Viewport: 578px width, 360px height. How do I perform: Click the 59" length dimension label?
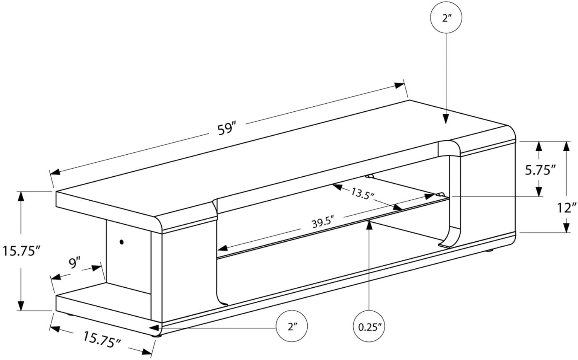click(x=227, y=128)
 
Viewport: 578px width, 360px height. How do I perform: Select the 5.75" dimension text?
click(x=540, y=170)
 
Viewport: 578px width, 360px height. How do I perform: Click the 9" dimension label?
click(x=74, y=263)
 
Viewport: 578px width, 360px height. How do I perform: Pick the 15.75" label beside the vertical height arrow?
click(x=21, y=251)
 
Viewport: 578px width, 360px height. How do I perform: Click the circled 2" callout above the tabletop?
click(x=446, y=18)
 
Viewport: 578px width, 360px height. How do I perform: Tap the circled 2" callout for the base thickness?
click(x=292, y=327)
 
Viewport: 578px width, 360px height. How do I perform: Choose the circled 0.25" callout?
click(x=369, y=327)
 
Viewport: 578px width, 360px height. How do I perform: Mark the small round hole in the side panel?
click(x=122, y=242)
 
